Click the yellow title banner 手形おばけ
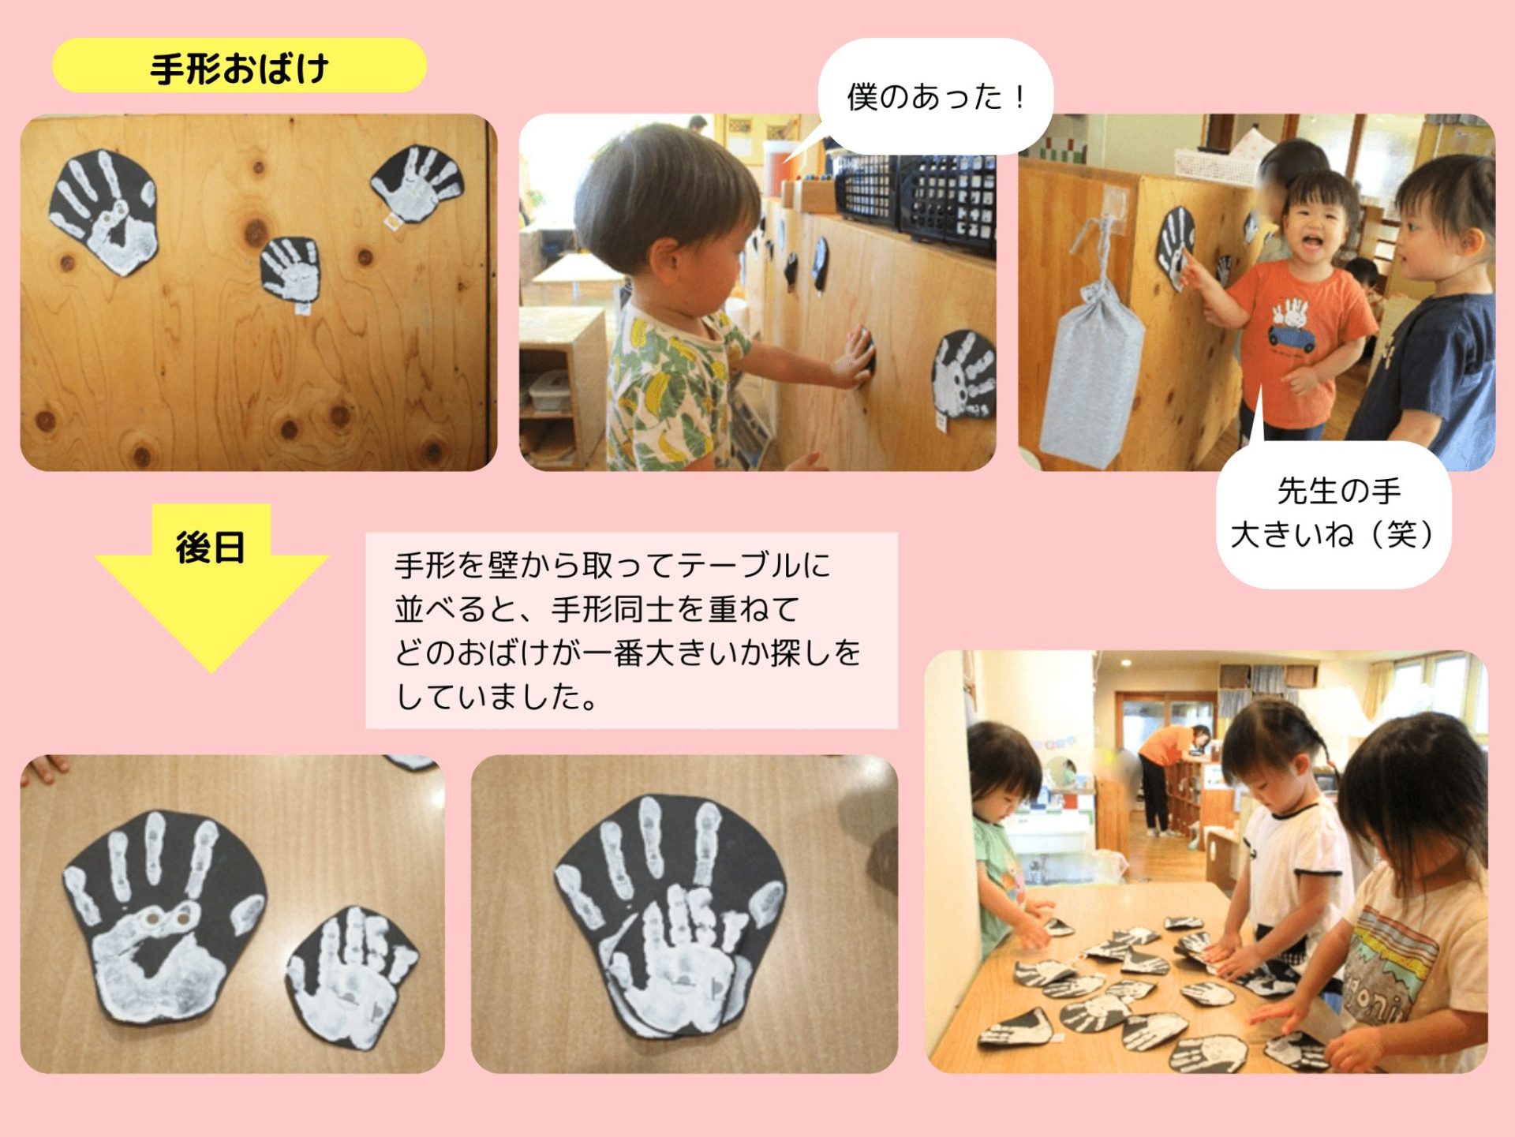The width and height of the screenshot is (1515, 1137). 239,66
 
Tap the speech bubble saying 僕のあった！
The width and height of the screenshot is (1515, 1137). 936,96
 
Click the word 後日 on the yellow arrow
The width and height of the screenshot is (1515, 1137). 210,547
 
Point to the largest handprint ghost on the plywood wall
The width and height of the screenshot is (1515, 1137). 104,211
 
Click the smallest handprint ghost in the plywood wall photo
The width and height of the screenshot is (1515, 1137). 291,269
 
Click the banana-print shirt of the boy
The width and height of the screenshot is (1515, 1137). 671,387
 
